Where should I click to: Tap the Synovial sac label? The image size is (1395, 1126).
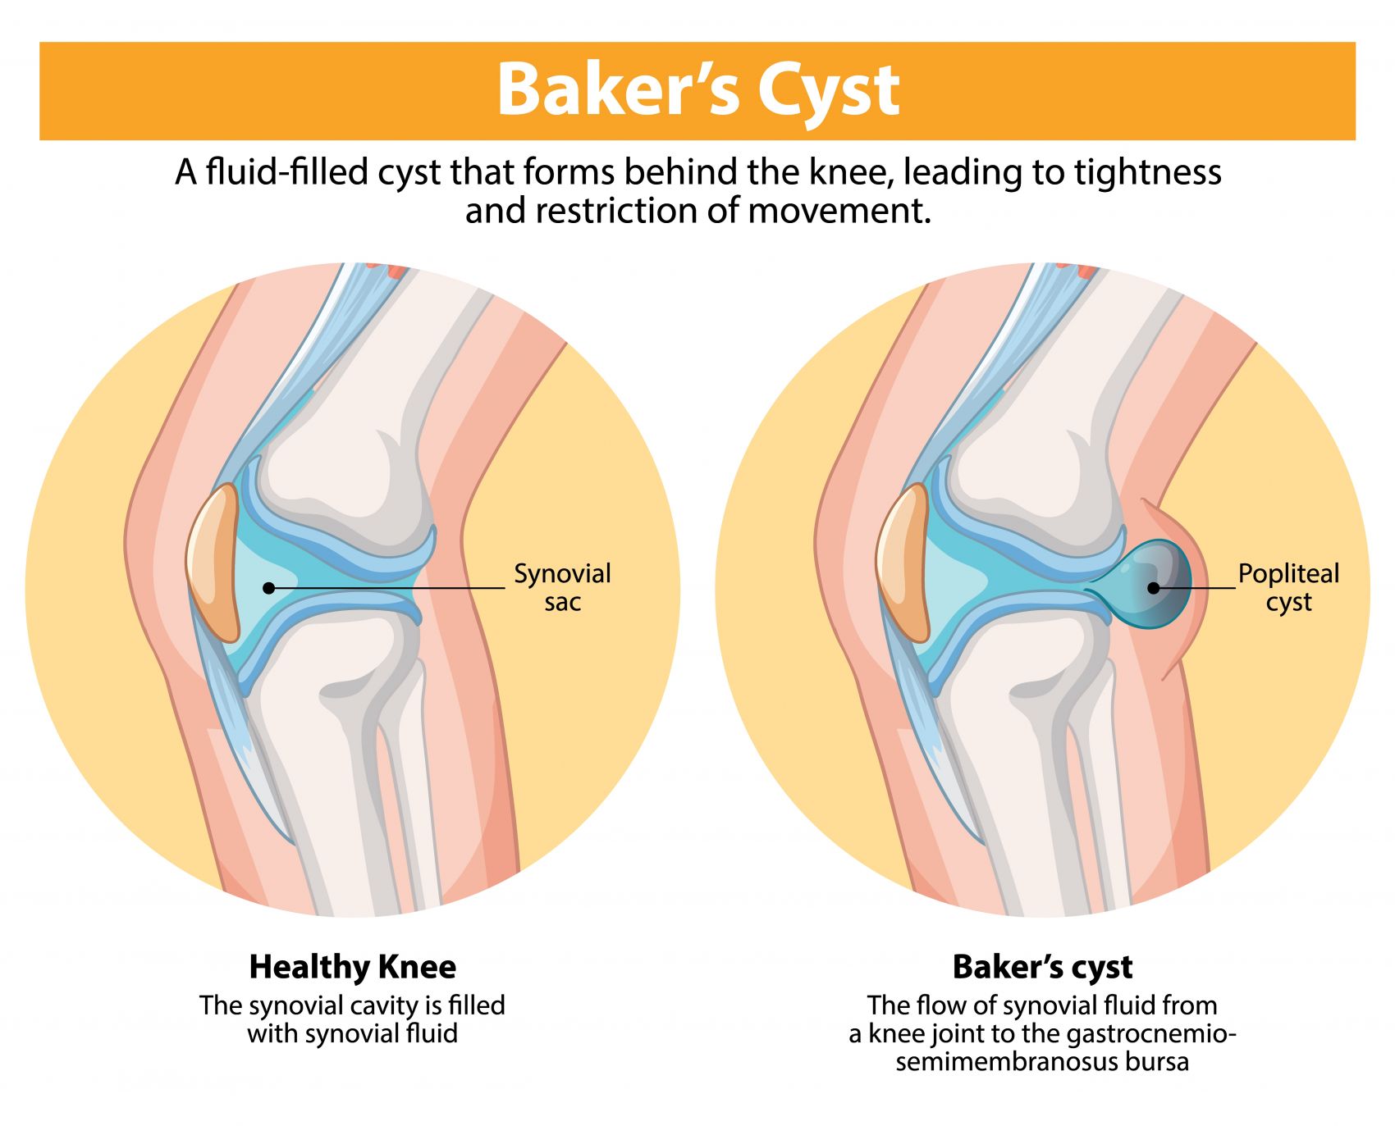[x=562, y=587]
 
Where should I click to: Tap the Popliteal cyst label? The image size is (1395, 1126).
[x=1288, y=587]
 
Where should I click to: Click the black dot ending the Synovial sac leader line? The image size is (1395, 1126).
[x=268, y=588]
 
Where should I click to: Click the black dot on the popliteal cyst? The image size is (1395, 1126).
[x=1153, y=588]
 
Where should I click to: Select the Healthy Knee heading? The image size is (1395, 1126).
[x=352, y=967]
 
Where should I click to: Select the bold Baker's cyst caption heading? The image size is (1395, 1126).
[x=1042, y=967]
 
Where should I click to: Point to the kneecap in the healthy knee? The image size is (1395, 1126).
[x=213, y=562]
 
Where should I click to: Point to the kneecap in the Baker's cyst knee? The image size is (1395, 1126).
[x=903, y=562]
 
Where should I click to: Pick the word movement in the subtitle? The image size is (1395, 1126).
[x=839, y=212]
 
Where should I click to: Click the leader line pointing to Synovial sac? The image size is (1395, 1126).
[x=386, y=588]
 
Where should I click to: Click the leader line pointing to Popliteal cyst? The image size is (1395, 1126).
[x=1198, y=588]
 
